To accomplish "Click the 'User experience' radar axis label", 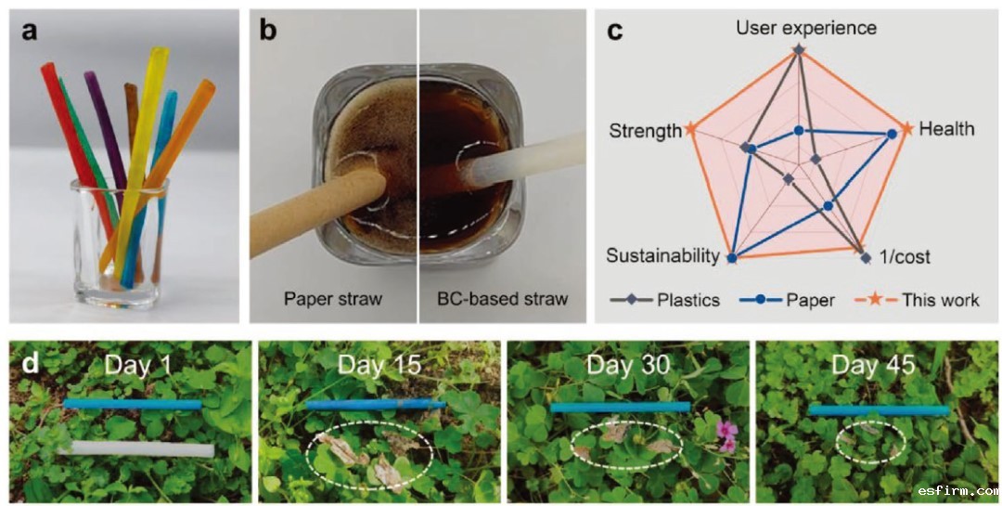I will point(805,28).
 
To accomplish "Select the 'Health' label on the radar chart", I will point(946,129).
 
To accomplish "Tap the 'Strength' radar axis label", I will point(645,132).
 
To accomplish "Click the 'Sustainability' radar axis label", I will point(662,256).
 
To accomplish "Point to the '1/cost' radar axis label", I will point(905,256).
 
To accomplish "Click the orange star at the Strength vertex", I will point(689,130).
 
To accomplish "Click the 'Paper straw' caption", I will point(333,299).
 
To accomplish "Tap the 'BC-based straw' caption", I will point(502,299).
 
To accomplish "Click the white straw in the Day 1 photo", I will point(135,449).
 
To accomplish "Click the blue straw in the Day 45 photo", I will point(878,409).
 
